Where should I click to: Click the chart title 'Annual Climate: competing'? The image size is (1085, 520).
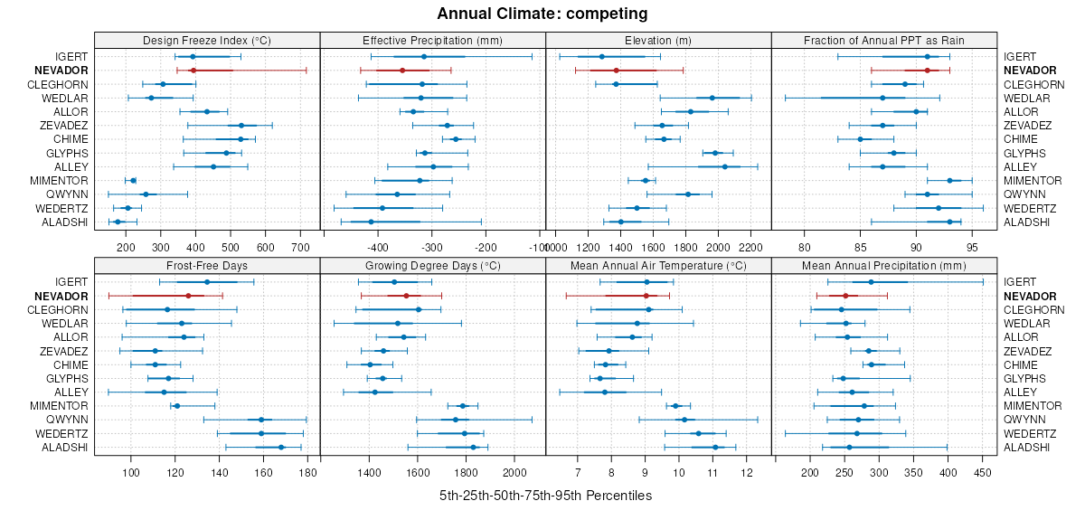click(x=542, y=14)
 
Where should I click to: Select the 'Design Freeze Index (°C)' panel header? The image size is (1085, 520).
click(x=207, y=41)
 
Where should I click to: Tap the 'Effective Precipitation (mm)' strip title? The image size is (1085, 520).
click(x=432, y=41)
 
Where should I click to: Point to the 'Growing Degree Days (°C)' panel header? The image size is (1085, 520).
click(x=432, y=267)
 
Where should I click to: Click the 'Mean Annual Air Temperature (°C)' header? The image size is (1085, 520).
click(x=658, y=267)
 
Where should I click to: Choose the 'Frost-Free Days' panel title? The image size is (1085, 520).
click(x=207, y=267)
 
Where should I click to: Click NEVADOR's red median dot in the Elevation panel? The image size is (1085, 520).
click(x=616, y=71)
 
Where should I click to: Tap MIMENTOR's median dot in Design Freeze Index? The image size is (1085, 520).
click(x=133, y=181)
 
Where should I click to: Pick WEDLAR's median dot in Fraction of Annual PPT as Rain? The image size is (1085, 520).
click(x=882, y=98)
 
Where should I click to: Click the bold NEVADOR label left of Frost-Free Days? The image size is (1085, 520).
click(x=62, y=297)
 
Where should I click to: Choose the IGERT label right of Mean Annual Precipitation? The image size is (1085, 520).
click(x=1019, y=282)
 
